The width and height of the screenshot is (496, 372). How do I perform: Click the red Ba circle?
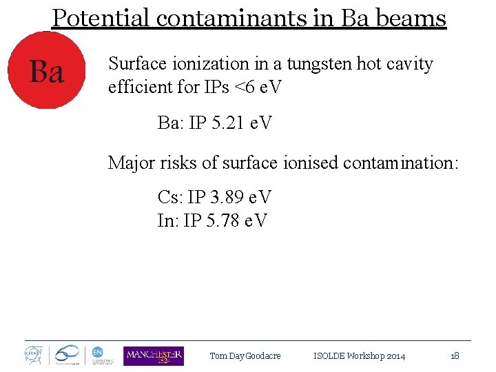[x=46, y=72]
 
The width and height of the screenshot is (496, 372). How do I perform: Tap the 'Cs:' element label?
[x=169, y=198]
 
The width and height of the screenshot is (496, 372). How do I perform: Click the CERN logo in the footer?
[x=34, y=355]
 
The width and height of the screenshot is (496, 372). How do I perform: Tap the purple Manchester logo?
[x=154, y=355]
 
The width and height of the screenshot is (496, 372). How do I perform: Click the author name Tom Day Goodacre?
[x=245, y=356]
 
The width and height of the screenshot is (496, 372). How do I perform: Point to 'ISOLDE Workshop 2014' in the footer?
[x=360, y=356]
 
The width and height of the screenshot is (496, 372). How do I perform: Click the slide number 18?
[x=455, y=356]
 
